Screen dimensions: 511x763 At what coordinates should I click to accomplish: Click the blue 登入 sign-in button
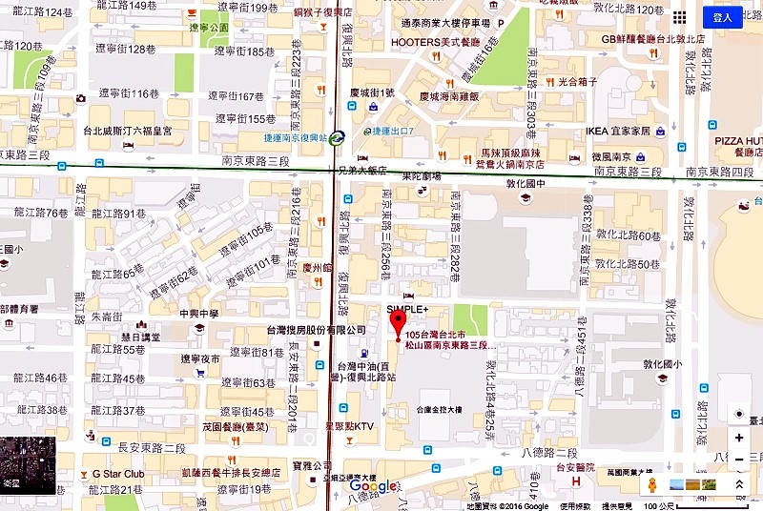pyautogui.click(x=722, y=17)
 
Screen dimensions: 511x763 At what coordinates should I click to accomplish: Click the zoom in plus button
pyautogui.click(x=738, y=438)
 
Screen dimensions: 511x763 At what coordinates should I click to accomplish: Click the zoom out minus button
pyautogui.click(x=738, y=460)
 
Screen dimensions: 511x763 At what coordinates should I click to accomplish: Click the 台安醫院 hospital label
pyautogui.click(x=577, y=467)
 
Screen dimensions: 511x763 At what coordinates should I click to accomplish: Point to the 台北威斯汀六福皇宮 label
pyautogui.click(x=137, y=131)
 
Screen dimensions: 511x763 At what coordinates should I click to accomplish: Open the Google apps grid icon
pyautogui.click(x=679, y=17)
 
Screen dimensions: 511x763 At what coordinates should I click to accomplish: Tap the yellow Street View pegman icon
pyautogui.click(x=652, y=485)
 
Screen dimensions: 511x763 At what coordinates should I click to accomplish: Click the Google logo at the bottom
pyautogui.click(x=373, y=487)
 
